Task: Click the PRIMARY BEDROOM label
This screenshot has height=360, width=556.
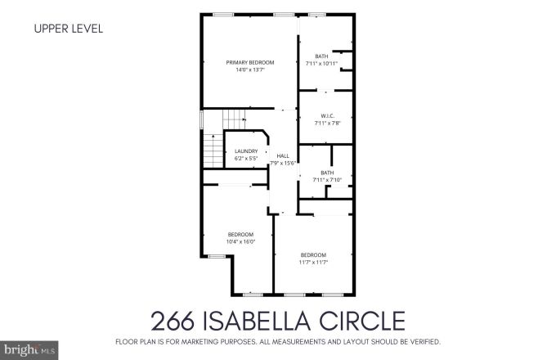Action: tap(249, 62)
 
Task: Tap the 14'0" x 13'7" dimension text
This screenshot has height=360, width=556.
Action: tap(249, 70)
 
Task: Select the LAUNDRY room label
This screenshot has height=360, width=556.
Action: tap(246, 151)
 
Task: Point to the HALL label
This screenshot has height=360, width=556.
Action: tap(283, 155)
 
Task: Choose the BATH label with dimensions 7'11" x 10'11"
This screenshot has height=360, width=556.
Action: tap(321, 56)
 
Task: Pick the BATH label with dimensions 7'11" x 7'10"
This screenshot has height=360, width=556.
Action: tap(327, 173)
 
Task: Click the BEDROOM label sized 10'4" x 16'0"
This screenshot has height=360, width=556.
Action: tap(240, 234)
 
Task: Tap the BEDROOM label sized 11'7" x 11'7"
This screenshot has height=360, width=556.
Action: tap(313, 254)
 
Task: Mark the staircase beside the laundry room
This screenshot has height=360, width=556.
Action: tap(213, 147)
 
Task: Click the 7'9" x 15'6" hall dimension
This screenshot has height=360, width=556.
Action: tap(283, 163)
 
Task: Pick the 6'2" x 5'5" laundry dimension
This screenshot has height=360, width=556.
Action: tap(246, 158)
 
